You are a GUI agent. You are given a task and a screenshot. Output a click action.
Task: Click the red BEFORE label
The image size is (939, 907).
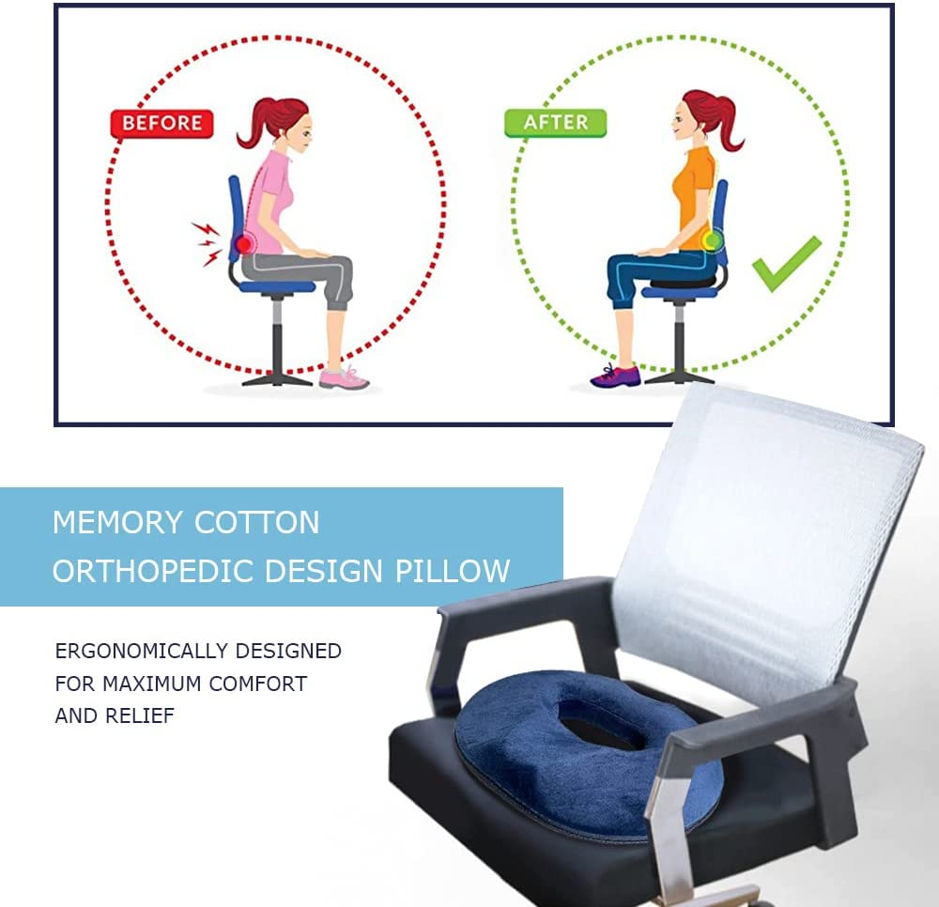(162, 123)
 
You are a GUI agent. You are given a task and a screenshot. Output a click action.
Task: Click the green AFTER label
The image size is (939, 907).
(555, 123)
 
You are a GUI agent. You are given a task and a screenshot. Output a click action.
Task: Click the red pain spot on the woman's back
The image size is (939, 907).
(244, 244)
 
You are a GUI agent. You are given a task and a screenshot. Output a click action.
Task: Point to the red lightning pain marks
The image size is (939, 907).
(207, 242)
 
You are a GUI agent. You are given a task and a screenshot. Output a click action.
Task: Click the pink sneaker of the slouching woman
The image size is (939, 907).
(343, 377)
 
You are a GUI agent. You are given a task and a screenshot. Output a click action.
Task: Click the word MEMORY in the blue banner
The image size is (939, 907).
(117, 523)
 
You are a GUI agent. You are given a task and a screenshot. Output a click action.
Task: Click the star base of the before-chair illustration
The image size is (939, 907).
(277, 376)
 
